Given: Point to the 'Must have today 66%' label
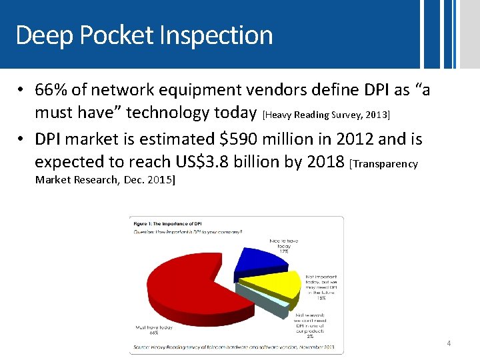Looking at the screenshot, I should (154, 331).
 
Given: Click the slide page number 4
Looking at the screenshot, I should (449, 344).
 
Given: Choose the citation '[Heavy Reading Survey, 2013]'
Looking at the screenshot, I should (326, 115).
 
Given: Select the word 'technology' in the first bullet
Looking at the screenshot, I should (166, 112).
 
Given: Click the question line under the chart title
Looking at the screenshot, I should (188, 231).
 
